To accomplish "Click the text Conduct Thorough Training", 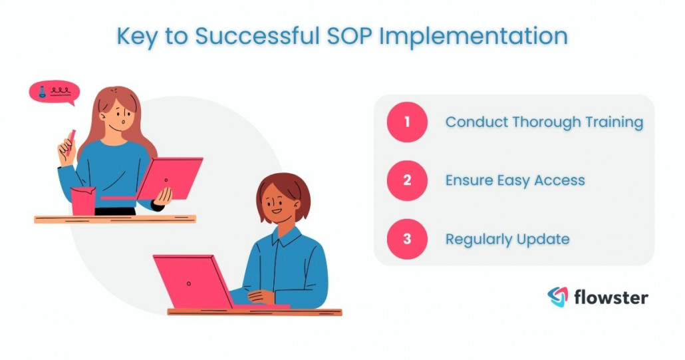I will click(x=544, y=122).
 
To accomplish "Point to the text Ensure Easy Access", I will click(x=515, y=180).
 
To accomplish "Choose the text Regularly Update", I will click(x=507, y=239).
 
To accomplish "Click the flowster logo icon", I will click(x=558, y=297).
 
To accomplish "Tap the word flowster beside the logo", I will click(x=611, y=297).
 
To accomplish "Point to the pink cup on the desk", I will click(x=83, y=201).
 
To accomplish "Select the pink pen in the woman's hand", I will click(x=69, y=141).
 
